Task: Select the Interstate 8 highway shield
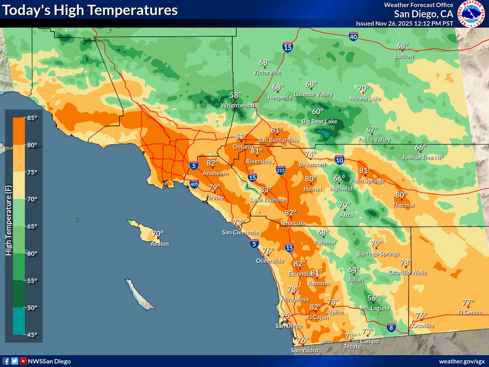[391, 327]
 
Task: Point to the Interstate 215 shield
[280, 170]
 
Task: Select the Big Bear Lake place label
[319, 122]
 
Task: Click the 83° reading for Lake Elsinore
[266, 190]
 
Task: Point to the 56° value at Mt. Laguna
[373, 298]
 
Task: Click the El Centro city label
[470, 313]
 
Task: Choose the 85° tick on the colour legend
[33, 118]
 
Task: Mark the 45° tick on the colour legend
[33, 334]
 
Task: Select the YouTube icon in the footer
[24, 361]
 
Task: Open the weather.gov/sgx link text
[462, 361]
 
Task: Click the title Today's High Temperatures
[90, 10]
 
